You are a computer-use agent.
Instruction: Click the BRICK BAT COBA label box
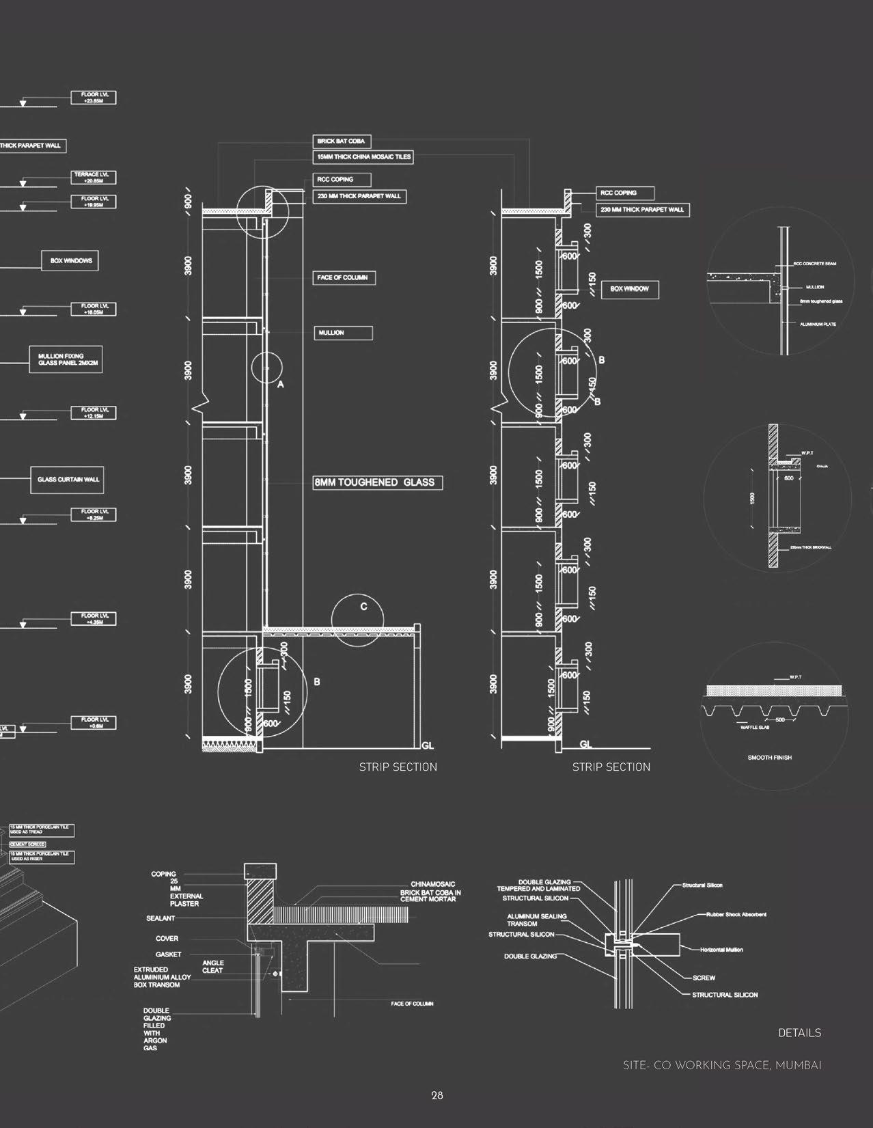coord(342,141)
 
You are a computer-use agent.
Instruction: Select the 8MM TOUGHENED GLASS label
coord(378,482)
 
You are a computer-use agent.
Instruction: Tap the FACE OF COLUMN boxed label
coord(342,277)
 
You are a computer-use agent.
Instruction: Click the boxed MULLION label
coord(344,333)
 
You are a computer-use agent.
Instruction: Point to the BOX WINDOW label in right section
coord(630,289)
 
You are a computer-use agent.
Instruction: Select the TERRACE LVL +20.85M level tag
coord(95,178)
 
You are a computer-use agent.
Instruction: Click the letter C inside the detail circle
coord(364,607)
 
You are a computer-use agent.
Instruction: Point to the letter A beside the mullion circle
coord(280,385)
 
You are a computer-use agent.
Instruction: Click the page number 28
coord(437,1095)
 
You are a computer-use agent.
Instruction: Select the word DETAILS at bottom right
coord(799,1033)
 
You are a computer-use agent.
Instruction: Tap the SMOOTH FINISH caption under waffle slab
coord(769,758)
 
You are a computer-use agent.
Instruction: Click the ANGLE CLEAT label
coord(212,967)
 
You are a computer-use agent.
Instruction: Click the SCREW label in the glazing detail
coord(704,978)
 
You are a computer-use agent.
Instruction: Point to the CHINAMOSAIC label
coord(432,884)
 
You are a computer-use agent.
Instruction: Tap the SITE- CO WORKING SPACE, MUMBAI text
coord(722,1065)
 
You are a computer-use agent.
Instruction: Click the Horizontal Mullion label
coord(721,950)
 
